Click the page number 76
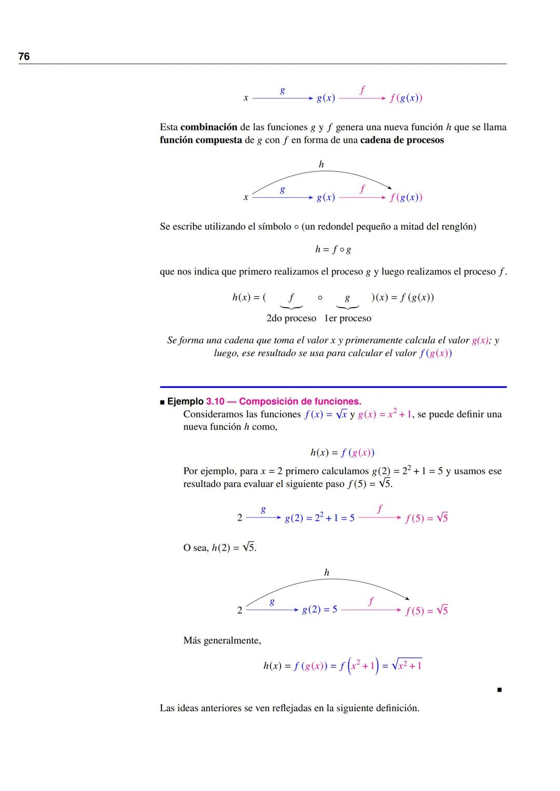(24, 56)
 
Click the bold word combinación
(208, 127)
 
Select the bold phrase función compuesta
(201, 140)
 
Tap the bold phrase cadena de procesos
(402, 140)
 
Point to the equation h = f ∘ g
(333, 250)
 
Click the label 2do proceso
(291, 318)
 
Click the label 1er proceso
(347, 318)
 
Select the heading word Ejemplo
(185, 401)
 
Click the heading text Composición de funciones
(300, 401)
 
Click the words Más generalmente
(222, 640)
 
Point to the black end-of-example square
(499, 689)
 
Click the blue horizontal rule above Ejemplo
(333, 387)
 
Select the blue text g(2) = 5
(319, 610)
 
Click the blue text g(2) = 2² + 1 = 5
(319, 517)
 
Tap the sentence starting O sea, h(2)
(219, 548)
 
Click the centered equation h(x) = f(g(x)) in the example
(342, 452)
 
